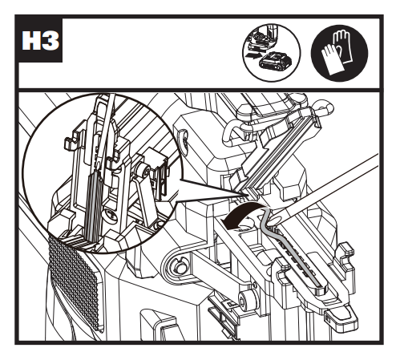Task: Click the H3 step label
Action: [40, 41]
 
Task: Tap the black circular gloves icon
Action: [339, 53]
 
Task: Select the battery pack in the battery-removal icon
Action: [275, 63]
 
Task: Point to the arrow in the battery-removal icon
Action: [254, 55]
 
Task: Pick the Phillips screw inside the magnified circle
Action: [110, 216]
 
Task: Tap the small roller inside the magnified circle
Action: [142, 172]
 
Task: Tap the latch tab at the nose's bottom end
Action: [341, 317]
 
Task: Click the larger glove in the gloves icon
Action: [345, 45]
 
